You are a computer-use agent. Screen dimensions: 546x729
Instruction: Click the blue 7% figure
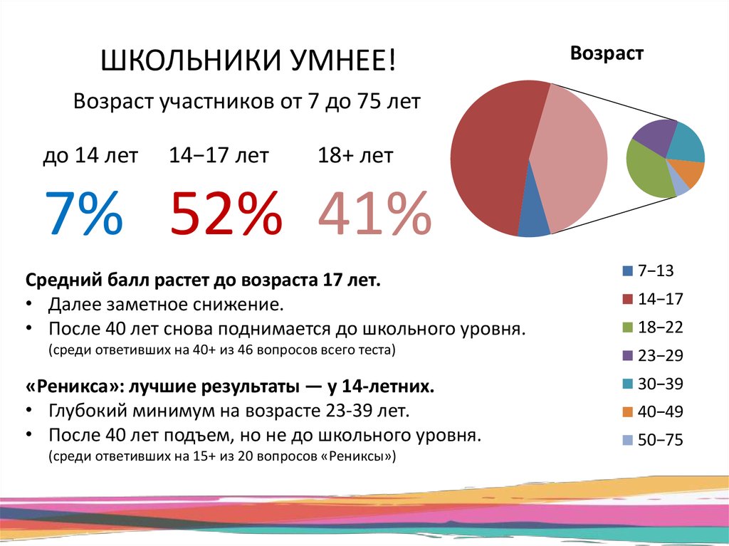[x=83, y=213]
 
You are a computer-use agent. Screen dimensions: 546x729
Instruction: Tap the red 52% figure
[x=225, y=213]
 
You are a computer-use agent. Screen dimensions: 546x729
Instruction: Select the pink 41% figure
[x=374, y=213]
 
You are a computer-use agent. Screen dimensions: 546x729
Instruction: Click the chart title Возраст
[x=607, y=54]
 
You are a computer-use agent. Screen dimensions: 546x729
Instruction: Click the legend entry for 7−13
[x=646, y=271]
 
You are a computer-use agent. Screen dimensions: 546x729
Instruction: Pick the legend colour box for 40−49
[x=627, y=412]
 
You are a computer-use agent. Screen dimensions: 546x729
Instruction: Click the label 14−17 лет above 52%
[x=219, y=156]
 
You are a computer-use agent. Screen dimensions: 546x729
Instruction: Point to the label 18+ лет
[x=355, y=156]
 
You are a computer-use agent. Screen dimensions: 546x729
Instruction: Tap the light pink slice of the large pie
[x=573, y=157]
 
